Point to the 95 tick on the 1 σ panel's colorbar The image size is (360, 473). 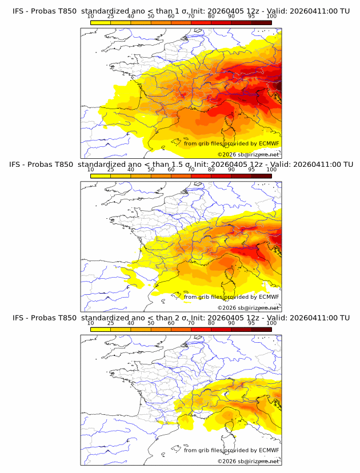[251, 16]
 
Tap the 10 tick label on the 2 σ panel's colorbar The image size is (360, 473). [90, 323]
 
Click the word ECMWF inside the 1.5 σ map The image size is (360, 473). [269, 296]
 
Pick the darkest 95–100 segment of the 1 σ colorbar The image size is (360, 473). [261, 22]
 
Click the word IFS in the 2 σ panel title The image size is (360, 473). [19, 318]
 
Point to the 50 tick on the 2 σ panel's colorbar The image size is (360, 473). [151, 323]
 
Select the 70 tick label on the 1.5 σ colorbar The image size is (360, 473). [191, 170]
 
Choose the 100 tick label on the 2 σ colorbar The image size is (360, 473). [271, 323]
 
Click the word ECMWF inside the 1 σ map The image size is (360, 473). [269, 143]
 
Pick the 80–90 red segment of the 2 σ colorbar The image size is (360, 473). [221, 328]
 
